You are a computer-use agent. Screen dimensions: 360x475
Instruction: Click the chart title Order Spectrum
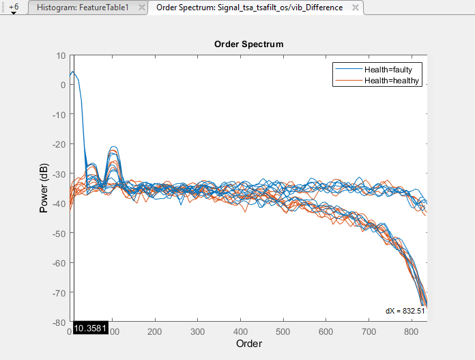point(248,44)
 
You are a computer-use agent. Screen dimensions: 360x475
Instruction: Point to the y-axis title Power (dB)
point(44,188)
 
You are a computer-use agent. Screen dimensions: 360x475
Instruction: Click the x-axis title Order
point(249,344)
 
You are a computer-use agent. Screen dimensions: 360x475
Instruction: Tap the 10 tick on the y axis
point(61,55)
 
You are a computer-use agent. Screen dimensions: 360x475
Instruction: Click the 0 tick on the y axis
point(63,85)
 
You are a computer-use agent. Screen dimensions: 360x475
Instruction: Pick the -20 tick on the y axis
point(59,144)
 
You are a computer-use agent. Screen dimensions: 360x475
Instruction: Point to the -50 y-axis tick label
point(59,234)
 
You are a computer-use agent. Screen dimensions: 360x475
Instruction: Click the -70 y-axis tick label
point(59,293)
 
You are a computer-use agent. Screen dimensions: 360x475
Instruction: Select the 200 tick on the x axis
point(156,331)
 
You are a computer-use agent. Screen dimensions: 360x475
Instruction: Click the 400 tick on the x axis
point(241,331)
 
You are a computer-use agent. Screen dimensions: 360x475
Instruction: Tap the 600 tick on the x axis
point(326,331)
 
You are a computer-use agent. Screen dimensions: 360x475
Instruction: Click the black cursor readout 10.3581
point(87,329)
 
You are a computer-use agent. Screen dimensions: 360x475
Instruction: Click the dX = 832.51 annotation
point(405,311)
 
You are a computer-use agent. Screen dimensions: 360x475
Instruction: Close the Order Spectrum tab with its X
point(355,8)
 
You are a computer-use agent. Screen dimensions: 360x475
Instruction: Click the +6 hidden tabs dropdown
point(14,8)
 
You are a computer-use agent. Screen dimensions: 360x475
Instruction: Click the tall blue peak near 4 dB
point(73,72)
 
